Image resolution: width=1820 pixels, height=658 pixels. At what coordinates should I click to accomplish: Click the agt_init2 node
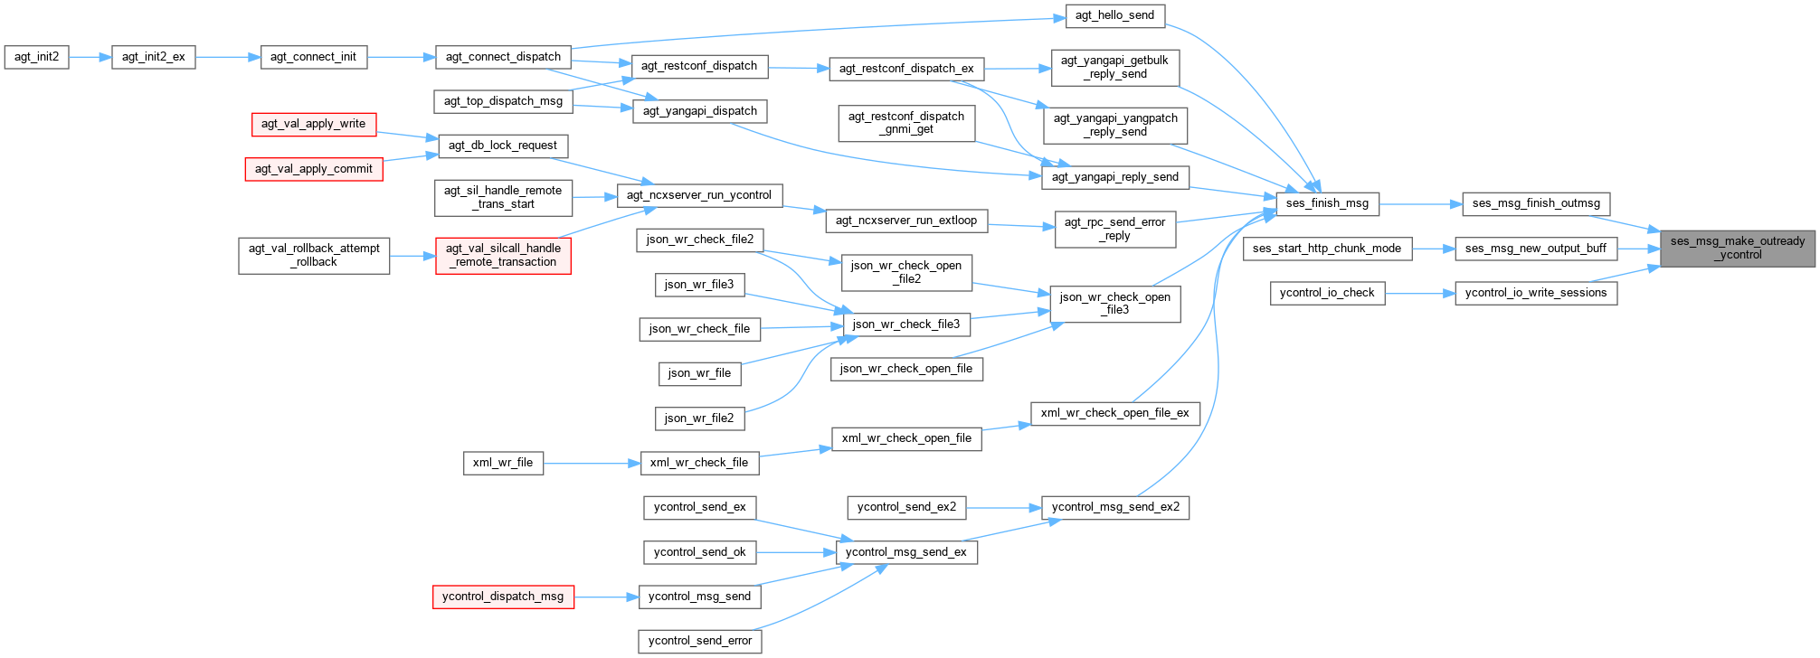(36, 57)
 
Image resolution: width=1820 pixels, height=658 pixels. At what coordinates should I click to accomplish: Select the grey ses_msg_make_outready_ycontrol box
(1737, 248)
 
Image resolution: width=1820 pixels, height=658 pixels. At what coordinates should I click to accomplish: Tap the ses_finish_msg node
(1327, 203)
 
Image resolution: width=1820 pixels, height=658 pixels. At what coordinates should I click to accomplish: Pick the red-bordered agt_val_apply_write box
(313, 124)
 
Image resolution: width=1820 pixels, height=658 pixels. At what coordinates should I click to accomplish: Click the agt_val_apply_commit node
(313, 169)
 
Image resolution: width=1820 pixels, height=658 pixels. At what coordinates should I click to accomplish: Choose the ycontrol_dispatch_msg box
(502, 597)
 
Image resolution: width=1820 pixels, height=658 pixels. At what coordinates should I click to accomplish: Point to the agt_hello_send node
(1114, 15)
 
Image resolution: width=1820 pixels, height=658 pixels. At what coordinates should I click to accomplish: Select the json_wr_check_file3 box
(905, 324)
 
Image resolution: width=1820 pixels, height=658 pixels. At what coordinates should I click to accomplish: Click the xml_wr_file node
(503, 463)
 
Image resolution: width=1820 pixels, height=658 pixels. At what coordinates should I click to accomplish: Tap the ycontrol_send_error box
(699, 641)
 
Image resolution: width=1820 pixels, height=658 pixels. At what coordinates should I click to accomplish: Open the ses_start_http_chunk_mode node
(1326, 249)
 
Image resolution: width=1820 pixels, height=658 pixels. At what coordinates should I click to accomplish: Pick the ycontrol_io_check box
(1326, 293)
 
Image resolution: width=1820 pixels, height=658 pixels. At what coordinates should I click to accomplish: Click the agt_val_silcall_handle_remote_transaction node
(503, 255)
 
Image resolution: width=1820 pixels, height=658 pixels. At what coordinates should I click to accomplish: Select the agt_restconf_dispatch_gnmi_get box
(905, 123)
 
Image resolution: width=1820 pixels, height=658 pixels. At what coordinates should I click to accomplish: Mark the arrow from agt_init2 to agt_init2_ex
(90, 57)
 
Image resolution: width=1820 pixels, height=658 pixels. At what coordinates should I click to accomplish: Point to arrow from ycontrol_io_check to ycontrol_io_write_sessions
(1419, 293)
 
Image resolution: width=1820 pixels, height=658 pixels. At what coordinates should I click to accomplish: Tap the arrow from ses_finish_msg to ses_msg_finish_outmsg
(1421, 203)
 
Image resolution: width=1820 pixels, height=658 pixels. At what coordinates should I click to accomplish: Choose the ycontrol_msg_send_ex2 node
(1115, 507)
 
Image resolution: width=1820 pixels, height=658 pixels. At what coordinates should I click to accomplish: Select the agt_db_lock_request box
(502, 146)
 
